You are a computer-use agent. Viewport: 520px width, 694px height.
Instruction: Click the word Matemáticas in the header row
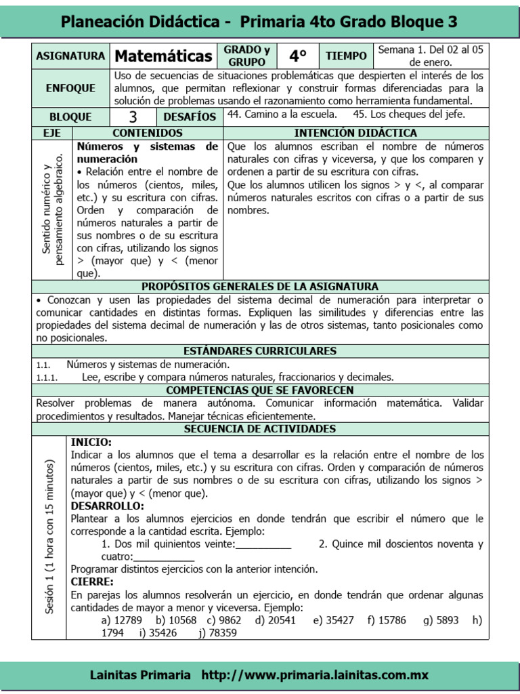162,56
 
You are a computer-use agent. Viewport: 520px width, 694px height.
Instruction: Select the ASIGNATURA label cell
70,56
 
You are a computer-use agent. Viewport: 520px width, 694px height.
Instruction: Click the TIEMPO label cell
346,56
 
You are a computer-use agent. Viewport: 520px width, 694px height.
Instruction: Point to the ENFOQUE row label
70,88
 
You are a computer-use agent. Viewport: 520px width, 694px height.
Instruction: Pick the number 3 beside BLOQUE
133,117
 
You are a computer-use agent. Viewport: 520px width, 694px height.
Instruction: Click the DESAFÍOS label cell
190,117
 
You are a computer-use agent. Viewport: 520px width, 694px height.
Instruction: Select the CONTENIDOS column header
147,133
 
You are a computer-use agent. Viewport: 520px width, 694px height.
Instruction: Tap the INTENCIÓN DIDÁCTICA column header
356,133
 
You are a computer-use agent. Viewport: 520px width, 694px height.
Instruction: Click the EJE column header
51,133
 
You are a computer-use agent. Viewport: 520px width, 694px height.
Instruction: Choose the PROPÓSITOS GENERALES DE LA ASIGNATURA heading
260,287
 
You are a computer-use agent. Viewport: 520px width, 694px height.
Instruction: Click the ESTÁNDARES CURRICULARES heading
260,351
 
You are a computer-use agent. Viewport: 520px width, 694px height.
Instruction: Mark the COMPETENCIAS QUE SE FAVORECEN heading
260,390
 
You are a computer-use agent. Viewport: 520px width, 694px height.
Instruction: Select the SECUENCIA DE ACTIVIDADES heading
260,429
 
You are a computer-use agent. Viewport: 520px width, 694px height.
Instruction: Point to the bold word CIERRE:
92,581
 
